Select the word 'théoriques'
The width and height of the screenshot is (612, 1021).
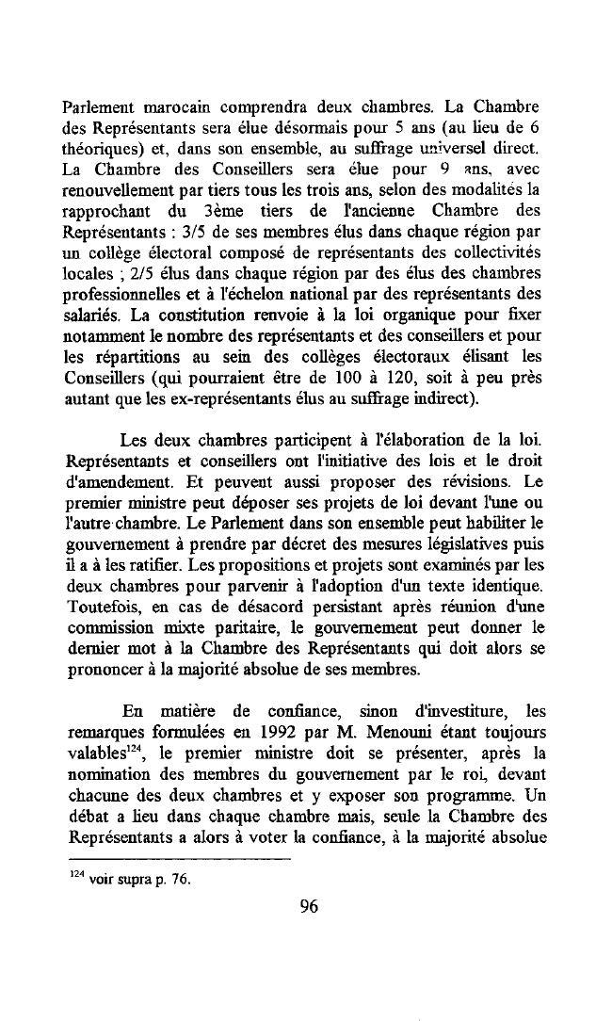(x=105, y=149)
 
